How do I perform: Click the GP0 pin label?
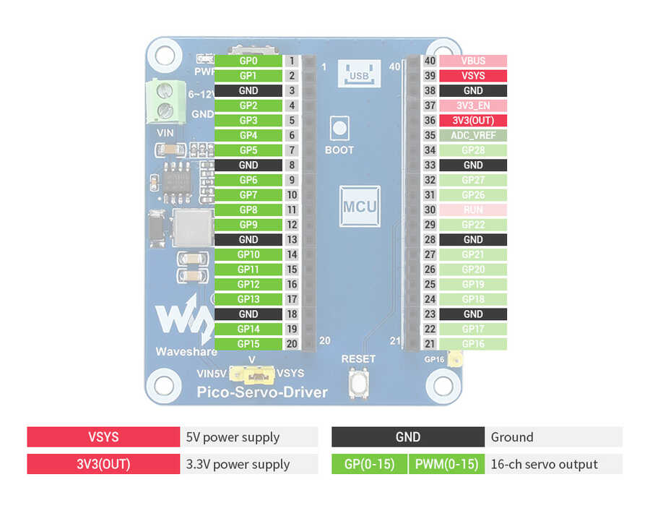tap(248, 61)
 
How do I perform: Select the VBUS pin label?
tap(473, 61)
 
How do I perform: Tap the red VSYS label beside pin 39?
tap(473, 76)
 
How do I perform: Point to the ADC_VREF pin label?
tap(473, 135)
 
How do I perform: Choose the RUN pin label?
tap(473, 210)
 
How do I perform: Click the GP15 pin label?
tap(248, 344)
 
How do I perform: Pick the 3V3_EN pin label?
tap(473, 106)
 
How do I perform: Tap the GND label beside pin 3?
tap(248, 91)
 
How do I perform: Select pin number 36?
tap(430, 121)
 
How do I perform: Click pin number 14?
tap(292, 254)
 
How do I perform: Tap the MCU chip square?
tap(360, 207)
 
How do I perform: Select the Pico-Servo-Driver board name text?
tap(263, 392)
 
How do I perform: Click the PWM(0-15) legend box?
tap(446, 464)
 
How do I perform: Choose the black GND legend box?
tap(408, 437)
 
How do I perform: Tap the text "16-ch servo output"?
tap(545, 464)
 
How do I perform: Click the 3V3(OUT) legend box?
tap(103, 464)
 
